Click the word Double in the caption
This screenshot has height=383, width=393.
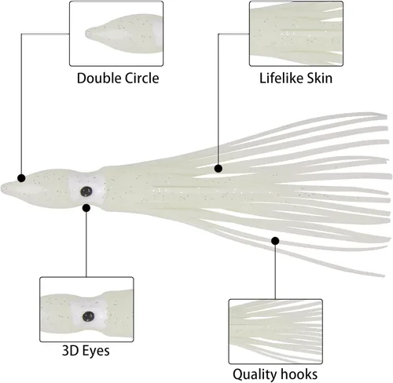(x=99, y=78)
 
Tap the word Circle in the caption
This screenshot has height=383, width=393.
(x=141, y=78)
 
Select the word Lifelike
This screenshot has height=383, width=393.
(x=281, y=78)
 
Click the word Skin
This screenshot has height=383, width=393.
(x=320, y=78)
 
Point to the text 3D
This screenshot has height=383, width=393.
(x=70, y=351)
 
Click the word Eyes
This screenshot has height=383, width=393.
(x=96, y=351)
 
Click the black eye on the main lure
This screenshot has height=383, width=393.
(x=86, y=191)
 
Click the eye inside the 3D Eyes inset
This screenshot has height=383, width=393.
(x=88, y=317)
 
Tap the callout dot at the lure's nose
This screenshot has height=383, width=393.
(x=21, y=178)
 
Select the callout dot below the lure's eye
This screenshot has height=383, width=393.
(x=86, y=208)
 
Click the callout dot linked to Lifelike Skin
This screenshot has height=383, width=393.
(x=219, y=168)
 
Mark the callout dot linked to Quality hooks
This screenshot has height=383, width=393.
(x=275, y=241)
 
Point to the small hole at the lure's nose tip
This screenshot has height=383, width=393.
(x=4, y=188)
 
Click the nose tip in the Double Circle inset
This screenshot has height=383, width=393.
(x=88, y=33)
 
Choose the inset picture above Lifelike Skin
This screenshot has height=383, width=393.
(x=296, y=34)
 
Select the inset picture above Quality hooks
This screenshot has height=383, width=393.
(x=275, y=331)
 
